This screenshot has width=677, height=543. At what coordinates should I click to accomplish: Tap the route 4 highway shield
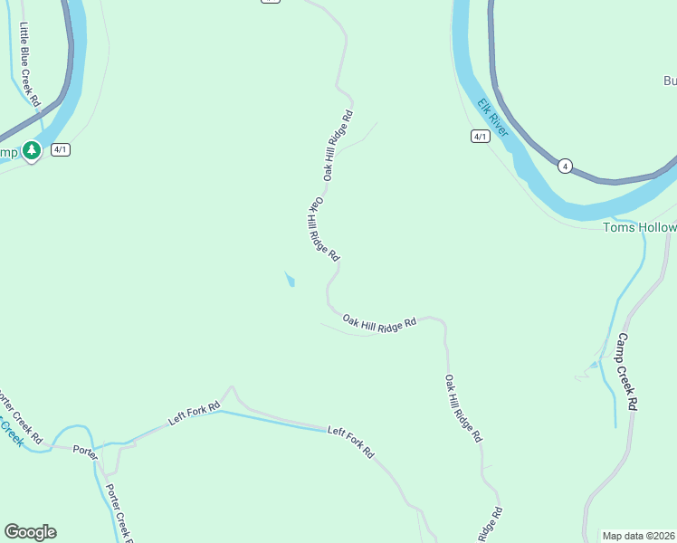tap(565, 166)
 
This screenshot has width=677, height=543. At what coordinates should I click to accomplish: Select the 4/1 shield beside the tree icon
tap(61, 149)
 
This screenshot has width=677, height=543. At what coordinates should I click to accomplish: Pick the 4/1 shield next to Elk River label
tap(481, 137)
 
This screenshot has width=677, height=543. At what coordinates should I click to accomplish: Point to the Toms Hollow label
tap(639, 227)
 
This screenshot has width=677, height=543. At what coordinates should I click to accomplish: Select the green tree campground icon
tap(33, 151)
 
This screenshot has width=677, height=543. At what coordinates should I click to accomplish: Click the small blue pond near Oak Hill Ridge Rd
tap(290, 280)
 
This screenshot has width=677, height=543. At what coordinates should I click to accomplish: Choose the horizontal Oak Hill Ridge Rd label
tap(379, 321)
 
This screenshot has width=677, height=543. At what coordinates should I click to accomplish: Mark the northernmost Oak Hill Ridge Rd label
tap(337, 146)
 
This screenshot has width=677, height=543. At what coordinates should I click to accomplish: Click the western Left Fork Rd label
tap(195, 414)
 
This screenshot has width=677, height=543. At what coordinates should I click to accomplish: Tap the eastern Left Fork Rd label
tap(350, 443)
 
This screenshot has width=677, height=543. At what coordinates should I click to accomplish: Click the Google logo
tap(30, 532)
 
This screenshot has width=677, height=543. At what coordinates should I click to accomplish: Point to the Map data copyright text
tap(639, 536)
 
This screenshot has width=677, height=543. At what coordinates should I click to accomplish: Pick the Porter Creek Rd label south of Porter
tap(118, 512)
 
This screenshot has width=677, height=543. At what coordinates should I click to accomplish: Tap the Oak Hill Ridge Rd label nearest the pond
tap(322, 230)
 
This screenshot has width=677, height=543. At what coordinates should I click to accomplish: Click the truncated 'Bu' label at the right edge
tap(670, 81)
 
